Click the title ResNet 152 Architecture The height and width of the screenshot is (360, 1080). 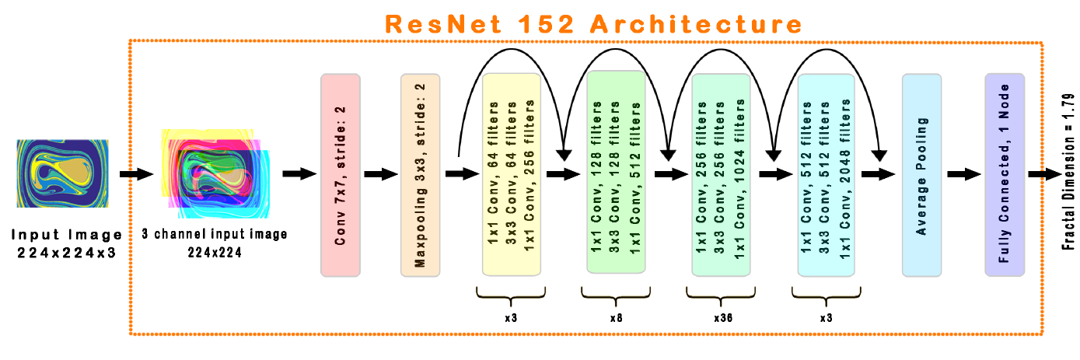click(592, 23)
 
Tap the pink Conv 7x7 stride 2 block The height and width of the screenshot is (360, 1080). click(340, 175)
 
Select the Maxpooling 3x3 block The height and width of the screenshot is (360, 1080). click(420, 175)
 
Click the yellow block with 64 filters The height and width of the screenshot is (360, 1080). click(511, 173)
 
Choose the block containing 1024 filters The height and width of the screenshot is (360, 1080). click(721, 173)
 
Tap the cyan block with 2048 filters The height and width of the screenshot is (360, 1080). click(826, 173)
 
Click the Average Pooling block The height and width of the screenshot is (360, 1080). click(921, 175)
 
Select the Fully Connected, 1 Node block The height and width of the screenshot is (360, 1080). click(1005, 175)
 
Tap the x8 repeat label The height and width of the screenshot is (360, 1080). click(615, 318)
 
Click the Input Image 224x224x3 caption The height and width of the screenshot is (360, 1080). click(66, 242)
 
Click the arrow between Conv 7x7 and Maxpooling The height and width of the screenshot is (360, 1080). click(380, 174)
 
